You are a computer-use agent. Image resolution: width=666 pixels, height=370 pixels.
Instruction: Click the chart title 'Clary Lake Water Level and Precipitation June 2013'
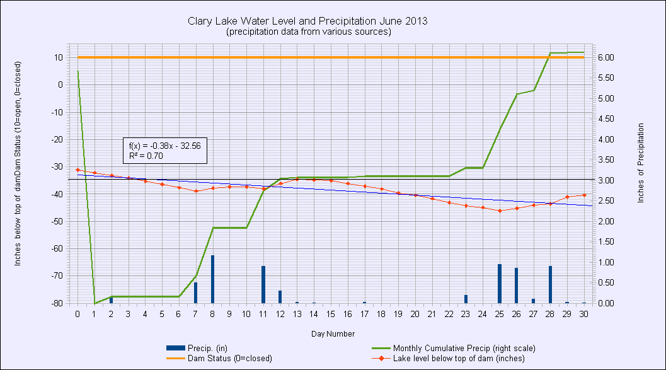coord(307,21)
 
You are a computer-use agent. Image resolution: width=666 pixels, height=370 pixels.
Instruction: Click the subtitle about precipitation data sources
coord(307,32)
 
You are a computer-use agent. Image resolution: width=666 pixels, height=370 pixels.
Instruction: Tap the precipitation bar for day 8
coord(212,279)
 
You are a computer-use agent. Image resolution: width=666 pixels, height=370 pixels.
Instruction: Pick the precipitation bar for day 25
coord(500,284)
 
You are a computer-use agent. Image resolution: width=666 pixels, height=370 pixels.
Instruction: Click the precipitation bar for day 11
coord(263,284)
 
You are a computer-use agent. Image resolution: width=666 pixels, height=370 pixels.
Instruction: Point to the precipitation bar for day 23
coord(466,299)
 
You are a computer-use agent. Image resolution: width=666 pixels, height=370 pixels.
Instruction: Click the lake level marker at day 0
coord(78,170)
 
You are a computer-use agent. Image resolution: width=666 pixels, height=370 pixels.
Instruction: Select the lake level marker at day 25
coord(500,211)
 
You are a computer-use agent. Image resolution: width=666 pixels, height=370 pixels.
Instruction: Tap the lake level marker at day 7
coord(196,191)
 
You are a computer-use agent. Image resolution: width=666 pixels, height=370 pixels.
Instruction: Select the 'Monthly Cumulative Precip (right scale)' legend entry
coord(464,348)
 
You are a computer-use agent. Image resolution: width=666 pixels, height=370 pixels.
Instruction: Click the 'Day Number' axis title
coord(332,333)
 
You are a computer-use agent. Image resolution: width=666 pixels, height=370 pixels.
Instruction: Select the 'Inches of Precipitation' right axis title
coord(641,163)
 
